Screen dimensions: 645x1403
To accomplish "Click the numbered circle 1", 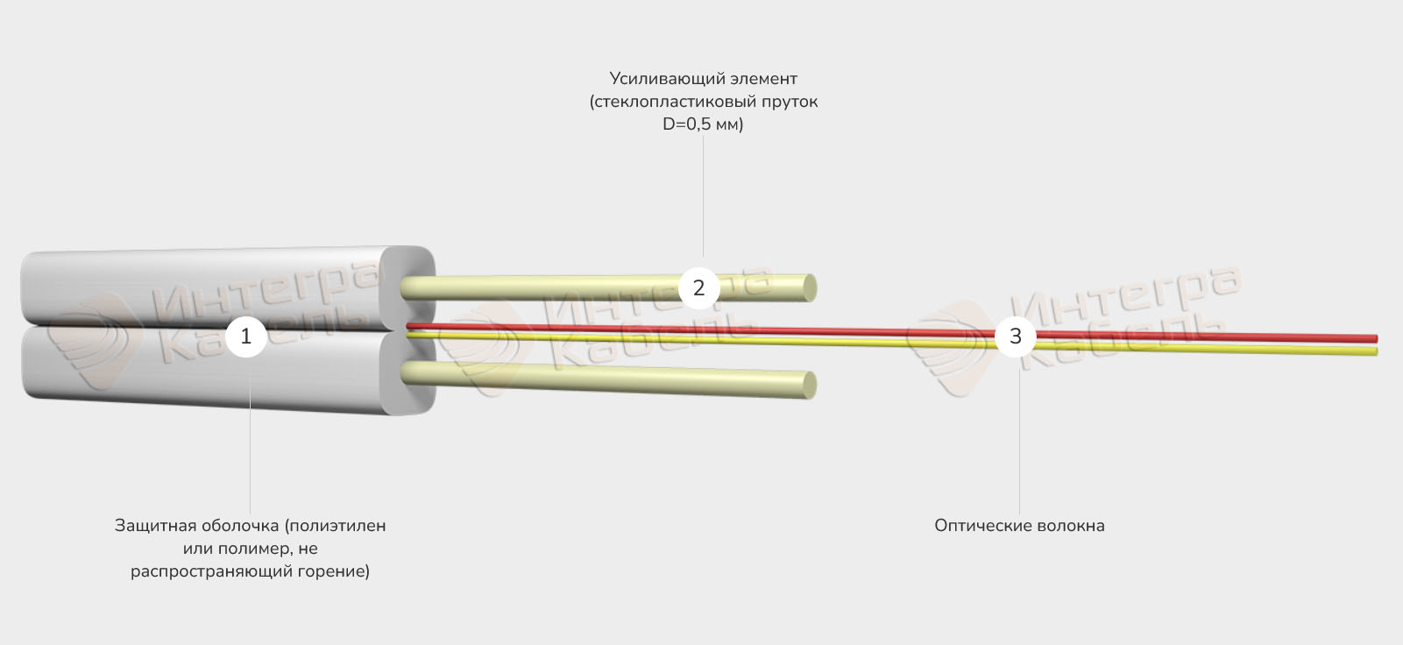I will [245, 336].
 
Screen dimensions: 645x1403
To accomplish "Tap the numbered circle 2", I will [698, 287].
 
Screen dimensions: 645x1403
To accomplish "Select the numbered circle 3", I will [1015, 336].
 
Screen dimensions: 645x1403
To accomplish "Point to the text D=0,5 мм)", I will [703, 124].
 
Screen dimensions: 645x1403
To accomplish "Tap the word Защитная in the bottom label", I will [154, 526].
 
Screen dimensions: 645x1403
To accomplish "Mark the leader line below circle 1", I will [250, 438].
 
